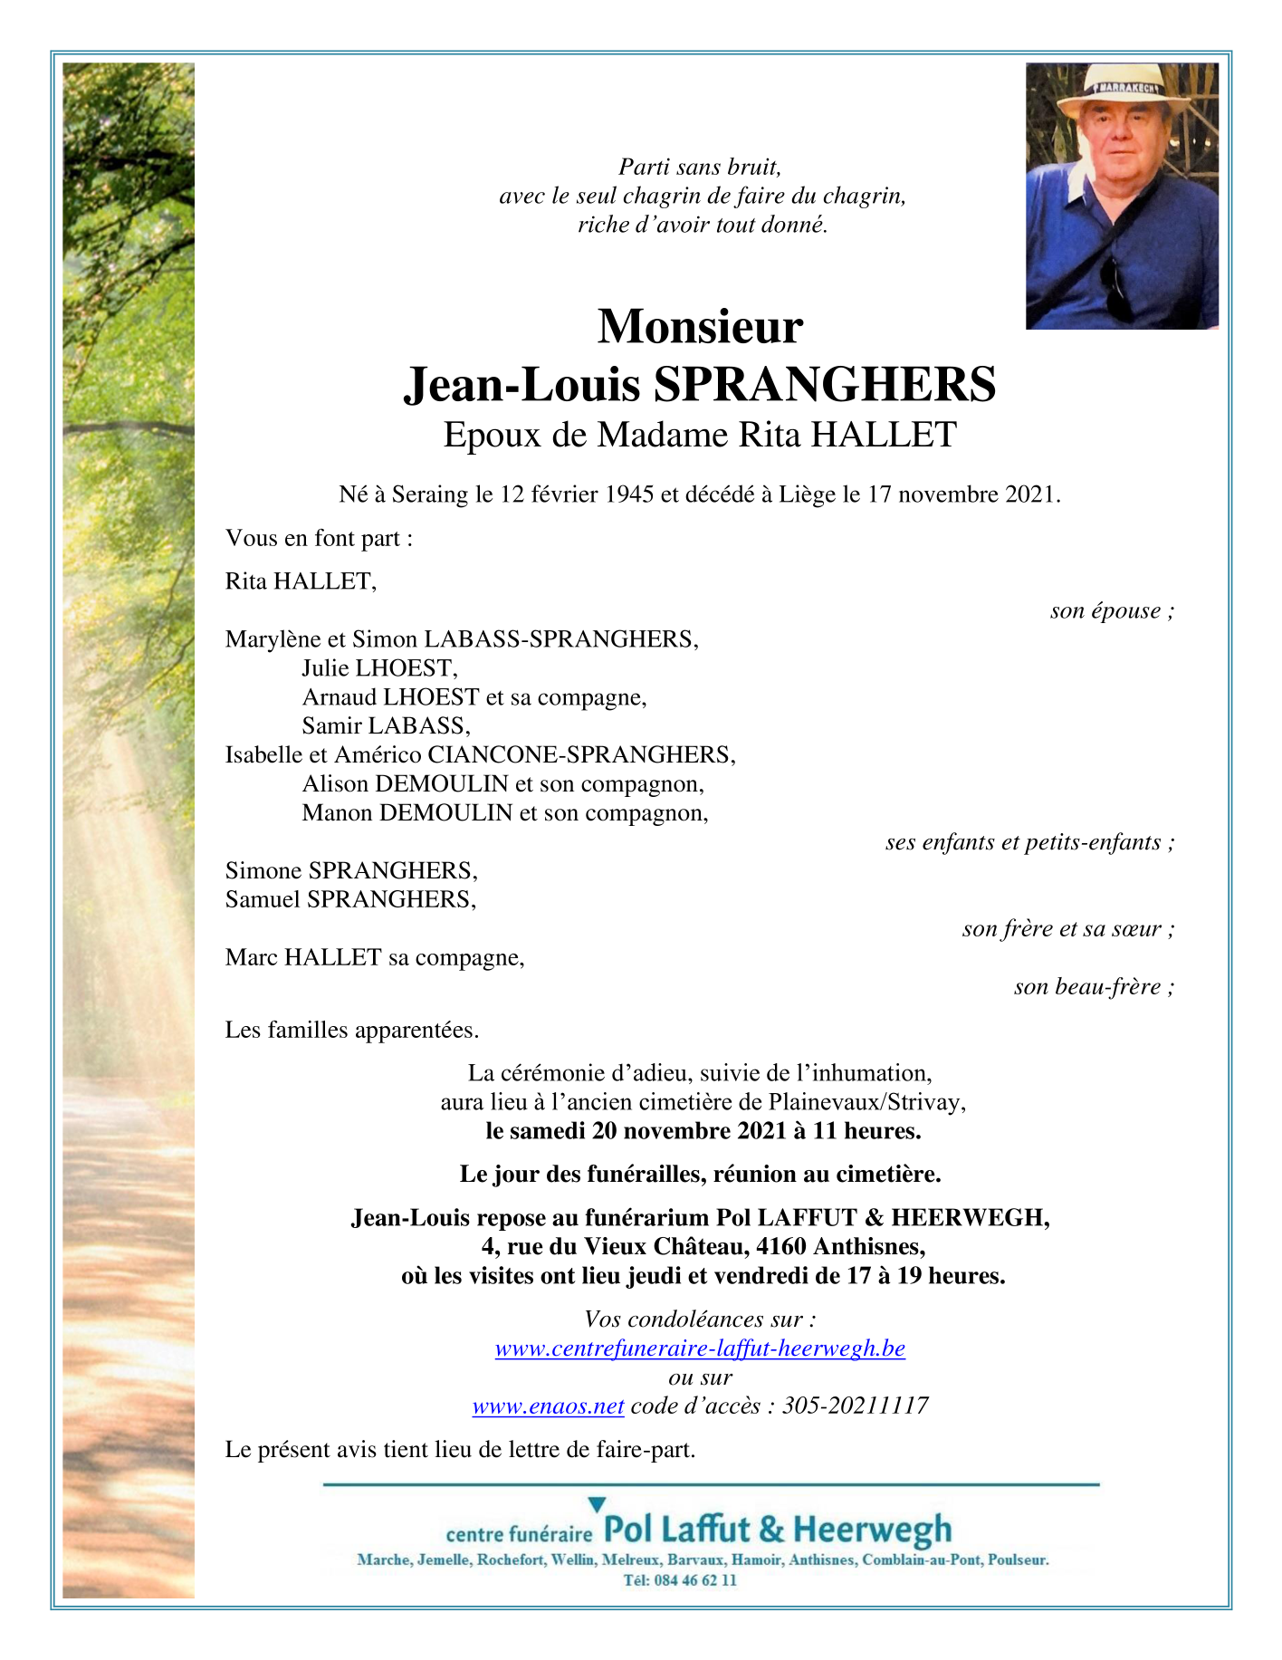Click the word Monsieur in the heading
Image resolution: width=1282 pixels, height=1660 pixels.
[x=700, y=327]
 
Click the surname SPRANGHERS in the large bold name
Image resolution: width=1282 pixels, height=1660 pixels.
[x=825, y=384]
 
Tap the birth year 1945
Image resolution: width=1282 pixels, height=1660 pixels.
[x=630, y=494]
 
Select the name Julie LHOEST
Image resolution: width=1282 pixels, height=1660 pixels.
[x=378, y=668]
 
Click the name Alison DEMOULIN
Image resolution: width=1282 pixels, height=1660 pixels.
[x=406, y=784]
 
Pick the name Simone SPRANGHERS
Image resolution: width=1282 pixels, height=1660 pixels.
[x=350, y=871]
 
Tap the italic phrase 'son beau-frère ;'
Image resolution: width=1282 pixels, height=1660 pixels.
[x=1094, y=987]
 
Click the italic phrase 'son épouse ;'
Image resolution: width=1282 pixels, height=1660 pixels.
[x=1112, y=611]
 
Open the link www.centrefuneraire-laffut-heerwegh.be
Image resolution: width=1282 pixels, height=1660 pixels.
[x=700, y=1348]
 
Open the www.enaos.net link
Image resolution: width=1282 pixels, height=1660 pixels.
[x=549, y=1406]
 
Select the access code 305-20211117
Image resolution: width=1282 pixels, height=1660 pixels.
[x=856, y=1406]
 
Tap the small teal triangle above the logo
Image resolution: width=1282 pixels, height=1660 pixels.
[x=596, y=1505]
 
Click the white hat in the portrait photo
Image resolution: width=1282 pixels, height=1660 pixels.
[x=1123, y=87]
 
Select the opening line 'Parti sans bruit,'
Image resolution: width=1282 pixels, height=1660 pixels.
[x=700, y=168]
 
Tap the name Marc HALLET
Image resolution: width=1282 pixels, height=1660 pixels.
[x=303, y=958]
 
